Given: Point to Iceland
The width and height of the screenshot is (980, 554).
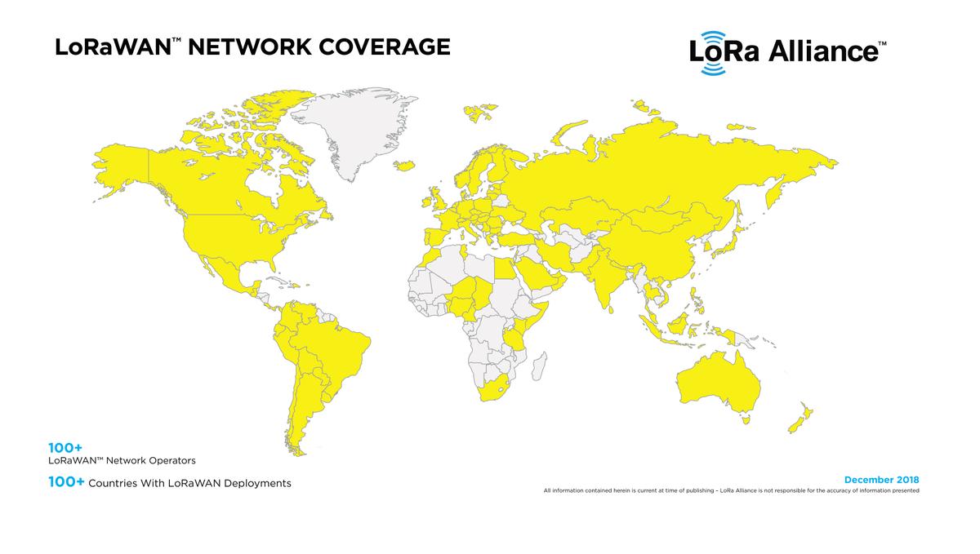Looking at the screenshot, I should [x=403, y=165].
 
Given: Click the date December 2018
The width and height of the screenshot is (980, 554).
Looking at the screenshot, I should [x=882, y=479].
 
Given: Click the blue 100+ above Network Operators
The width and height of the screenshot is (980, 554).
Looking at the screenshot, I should [x=65, y=448].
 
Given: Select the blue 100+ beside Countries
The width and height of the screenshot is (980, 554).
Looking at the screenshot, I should [x=66, y=483].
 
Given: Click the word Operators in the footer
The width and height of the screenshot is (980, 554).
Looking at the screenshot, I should [x=168, y=460].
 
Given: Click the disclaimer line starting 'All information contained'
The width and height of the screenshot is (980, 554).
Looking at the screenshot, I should [x=731, y=490].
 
